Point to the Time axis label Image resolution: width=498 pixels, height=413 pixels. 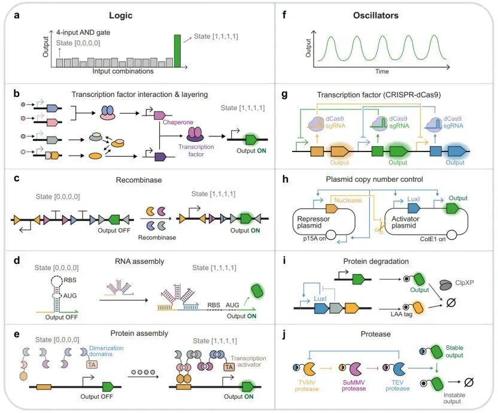pos(382,72)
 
